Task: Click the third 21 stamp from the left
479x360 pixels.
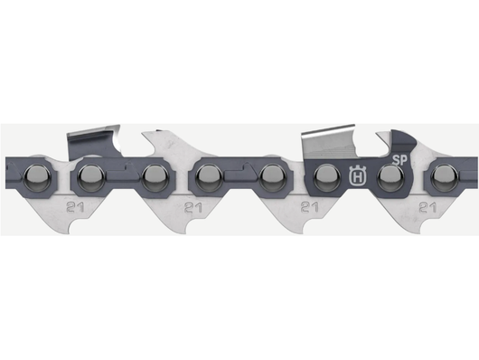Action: (x=309, y=207)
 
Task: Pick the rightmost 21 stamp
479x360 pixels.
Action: (x=426, y=207)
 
